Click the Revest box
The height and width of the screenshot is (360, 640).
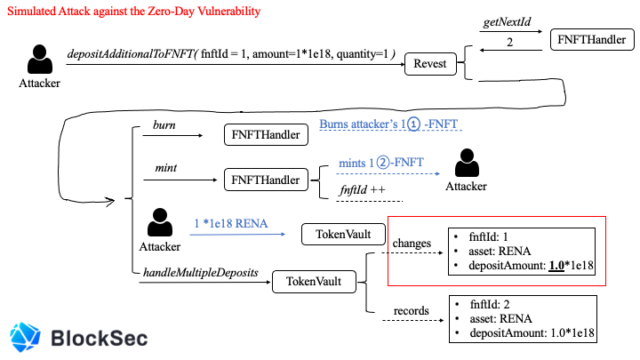click(x=430, y=64)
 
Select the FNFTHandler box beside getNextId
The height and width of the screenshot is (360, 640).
click(x=592, y=40)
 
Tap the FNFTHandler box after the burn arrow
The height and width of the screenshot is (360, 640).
click(x=266, y=135)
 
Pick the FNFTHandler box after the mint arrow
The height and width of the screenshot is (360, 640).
click(x=266, y=180)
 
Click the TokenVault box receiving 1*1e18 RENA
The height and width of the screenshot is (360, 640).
click(x=343, y=235)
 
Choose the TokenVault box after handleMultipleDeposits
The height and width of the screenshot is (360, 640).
click(x=314, y=282)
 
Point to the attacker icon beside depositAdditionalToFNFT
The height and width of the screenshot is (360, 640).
click(x=40, y=60)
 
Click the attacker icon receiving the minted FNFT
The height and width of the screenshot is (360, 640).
click(x=467, y=163)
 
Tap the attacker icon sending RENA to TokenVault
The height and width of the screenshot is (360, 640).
click(x=160, y=222)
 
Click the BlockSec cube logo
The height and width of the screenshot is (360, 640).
click(x=25, y=337)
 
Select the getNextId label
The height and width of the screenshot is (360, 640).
click(x=507, y=21)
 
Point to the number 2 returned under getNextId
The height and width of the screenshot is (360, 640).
click(x=510, y=42)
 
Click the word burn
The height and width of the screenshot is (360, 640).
click(x=164, y=125)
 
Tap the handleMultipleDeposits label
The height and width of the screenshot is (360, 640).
click(x=200, y=273)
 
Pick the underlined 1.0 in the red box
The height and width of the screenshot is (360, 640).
click(x=556, y=266)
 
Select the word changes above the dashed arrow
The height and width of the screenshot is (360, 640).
click(x=412, y=244)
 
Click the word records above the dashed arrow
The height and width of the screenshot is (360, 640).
click(x=411, y=311)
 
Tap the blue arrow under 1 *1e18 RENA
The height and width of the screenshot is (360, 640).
click(x=237, y=235)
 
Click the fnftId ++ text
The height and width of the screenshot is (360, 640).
click(x=363, y=190)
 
